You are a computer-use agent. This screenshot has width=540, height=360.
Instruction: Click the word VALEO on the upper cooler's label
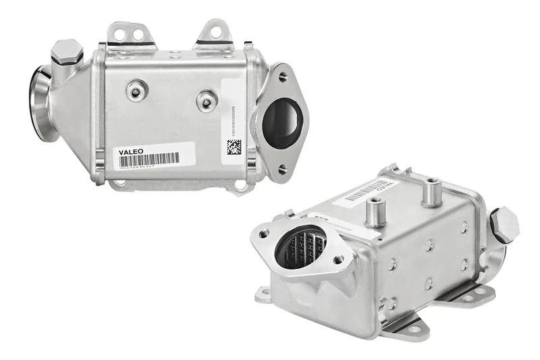click(x=131, y=152)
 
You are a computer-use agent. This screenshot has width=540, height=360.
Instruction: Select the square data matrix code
click(x=234, y=147)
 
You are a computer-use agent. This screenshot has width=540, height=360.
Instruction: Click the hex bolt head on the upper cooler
click(x=66, y=51)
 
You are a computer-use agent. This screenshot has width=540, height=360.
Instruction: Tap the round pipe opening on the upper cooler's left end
click(x=40, y=101)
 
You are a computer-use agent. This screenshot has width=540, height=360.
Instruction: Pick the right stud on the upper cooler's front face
click(x=207, y=101)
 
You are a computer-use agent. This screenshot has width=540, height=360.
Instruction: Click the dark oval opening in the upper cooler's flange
click(x=281, y=123)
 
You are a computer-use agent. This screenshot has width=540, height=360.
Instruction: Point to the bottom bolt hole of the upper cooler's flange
click(x=281, y=170)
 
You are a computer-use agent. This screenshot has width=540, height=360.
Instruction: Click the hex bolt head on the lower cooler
click(x=504, y=224)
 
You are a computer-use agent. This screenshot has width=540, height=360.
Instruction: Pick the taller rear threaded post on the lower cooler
click(x=431, y=192)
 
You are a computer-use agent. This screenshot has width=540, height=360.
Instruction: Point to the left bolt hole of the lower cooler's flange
click(x=265, y=236)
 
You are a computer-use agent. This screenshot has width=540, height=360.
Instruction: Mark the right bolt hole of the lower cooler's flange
click(x=338, y=259)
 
